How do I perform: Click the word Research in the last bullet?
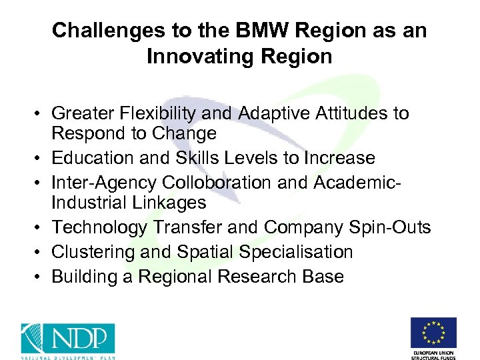coord(259,276)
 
